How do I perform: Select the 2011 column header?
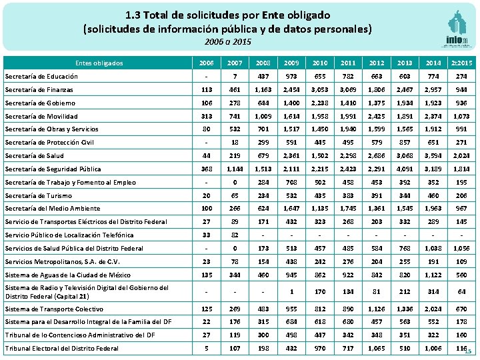(347, 63)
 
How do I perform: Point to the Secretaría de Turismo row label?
(37, 195)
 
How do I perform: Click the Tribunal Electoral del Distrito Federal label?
(61, 349)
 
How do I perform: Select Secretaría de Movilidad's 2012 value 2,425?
(375, 116)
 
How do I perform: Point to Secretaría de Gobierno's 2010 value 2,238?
(319, 103)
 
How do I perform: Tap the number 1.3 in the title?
(133, 14)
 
